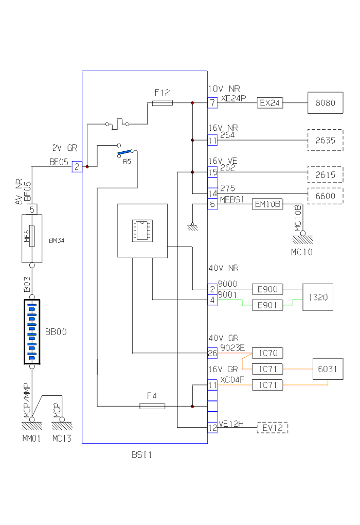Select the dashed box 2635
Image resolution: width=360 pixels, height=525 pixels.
click(325, 140)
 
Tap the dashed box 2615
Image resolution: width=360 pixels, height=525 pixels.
click(325, 175)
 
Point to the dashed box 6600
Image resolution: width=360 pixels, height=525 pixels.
click(325, 196)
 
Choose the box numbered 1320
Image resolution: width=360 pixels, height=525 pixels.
click(318, 297)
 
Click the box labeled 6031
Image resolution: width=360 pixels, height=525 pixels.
click(328, 370)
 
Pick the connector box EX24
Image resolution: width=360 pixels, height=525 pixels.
click(270, 103)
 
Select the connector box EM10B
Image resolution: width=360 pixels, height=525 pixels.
click(268, 204)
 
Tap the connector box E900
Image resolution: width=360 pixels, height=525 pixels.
click(267, 289)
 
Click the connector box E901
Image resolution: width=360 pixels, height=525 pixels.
click(267, 305)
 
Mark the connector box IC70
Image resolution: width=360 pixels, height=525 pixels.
click(267, 353)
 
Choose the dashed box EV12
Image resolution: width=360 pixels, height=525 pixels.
click(273, 428)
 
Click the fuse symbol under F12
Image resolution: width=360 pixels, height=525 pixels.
click(163, 103)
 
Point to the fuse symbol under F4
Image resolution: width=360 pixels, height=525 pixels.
click(152, 406)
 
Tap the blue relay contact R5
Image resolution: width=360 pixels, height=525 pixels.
click(126, 152)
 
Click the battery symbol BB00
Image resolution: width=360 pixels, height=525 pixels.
click(32, 332)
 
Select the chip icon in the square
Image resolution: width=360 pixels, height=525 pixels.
click(141, 230)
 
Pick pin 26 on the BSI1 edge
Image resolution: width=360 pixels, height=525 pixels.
click(213, 353)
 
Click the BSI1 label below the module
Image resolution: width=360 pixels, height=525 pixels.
click(142, 455)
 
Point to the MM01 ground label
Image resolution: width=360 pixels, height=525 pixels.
click(31, 439)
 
